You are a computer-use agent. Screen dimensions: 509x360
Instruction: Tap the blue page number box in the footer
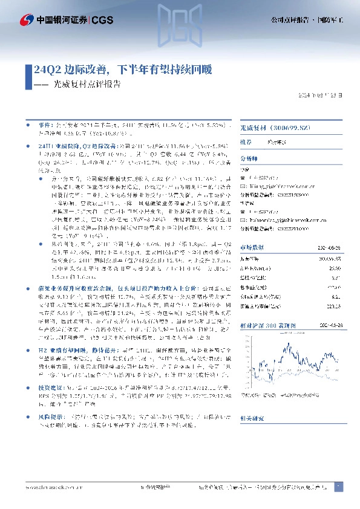tap(338, 487)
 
